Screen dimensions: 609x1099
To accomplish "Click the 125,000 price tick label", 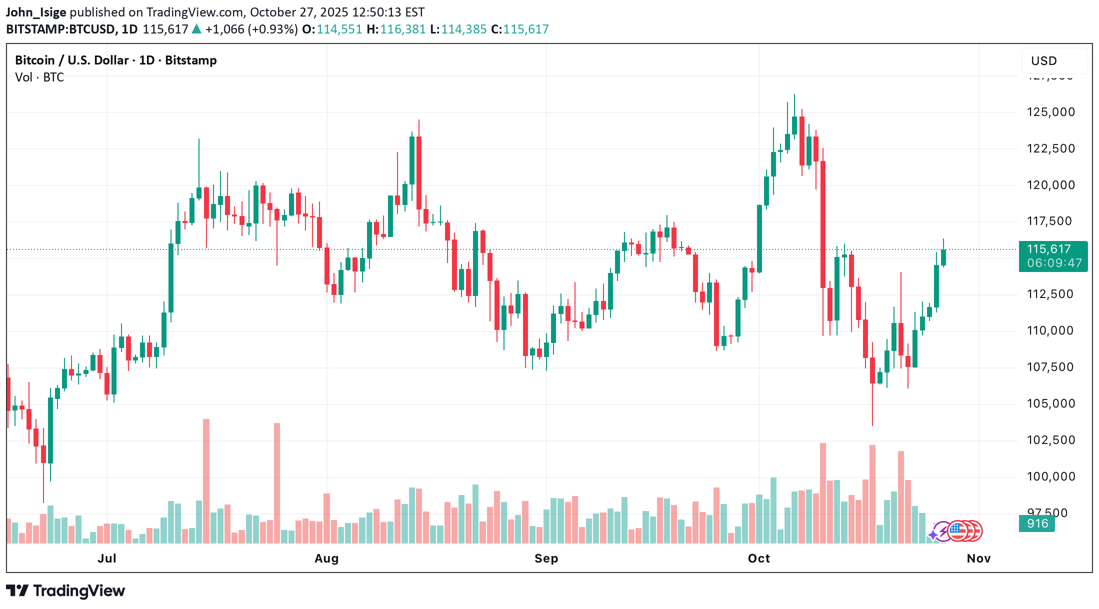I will (x=1050, y=112).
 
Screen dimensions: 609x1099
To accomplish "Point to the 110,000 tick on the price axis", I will (x=1050, y=330).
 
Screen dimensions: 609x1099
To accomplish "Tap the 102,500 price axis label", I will (x=1050, y=440).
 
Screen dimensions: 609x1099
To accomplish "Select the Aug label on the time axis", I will (x=326, y=558).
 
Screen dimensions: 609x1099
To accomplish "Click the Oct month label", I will (x=758, y=558).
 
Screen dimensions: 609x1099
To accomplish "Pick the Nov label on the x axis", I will (x=978, y=558).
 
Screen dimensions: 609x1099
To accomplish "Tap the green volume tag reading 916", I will (x=1036, y=523).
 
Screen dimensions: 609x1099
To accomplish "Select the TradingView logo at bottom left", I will (x=65, y=591).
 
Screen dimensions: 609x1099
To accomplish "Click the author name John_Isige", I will (x=35, y=12).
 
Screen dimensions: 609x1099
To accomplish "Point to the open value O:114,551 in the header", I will (x=332, y=29).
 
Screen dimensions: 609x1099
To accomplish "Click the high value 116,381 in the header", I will (x=402, y=29).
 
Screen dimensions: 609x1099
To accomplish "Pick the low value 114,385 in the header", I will (x=463, y=29).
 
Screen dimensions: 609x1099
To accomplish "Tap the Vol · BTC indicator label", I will (x=39, y=77).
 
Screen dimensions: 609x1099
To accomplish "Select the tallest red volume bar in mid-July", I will (x=206, y=480).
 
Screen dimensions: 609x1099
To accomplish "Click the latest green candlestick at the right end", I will (x=943, y=257).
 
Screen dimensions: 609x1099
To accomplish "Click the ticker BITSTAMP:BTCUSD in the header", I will (x=60, y=29).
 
